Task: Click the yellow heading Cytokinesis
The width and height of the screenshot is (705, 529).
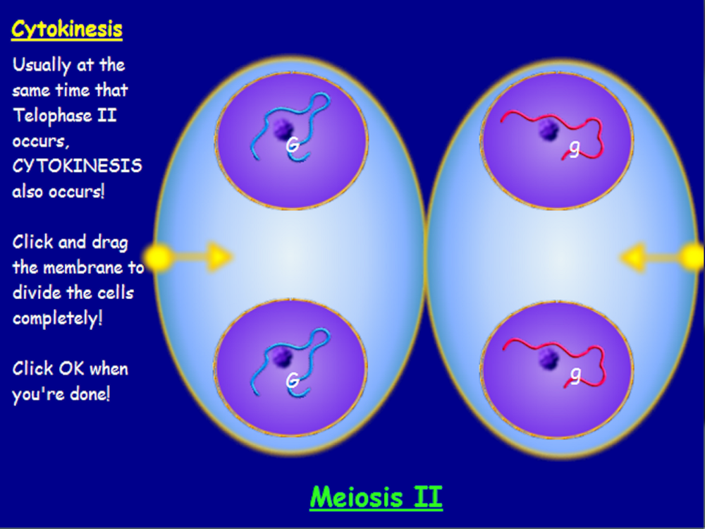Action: [x=66, y=30]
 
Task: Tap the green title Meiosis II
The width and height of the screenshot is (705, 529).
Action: [x=376, y=497]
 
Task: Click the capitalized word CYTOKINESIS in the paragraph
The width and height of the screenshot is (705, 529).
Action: [x=77, y=166]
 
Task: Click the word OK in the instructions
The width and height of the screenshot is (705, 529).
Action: [x=72, y=368]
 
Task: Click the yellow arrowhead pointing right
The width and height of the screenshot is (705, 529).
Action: [x=220, y=257]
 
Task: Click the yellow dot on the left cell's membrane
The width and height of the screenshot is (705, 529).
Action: [x=159, y=257]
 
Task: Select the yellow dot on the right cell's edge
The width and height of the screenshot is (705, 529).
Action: [x=692, y=257]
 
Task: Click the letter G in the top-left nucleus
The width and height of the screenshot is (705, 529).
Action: [x=293, y=145]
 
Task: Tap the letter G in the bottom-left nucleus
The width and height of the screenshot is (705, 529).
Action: [x=293, y=381]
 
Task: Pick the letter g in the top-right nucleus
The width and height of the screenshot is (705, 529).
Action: [x=574, y=148]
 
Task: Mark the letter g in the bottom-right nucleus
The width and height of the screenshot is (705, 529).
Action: [x=575, y=375]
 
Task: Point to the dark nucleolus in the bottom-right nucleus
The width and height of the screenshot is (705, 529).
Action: [x=548, y=359]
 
